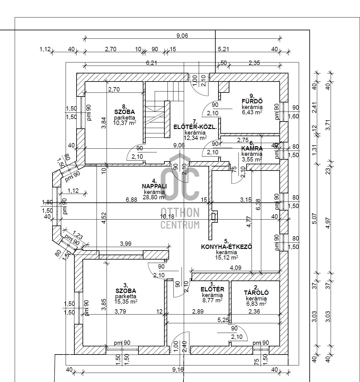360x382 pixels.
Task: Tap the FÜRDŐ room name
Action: tap(252, 101)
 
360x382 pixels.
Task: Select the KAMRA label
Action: tap(252, 149)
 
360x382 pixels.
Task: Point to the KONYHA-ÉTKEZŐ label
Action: tap(226, 247)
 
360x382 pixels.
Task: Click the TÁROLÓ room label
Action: tap(256, 293)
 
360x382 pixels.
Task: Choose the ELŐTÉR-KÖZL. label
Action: tap(195, 127)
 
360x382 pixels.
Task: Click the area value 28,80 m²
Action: tap(154, 197)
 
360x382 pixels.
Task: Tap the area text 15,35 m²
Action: tap(126, 301)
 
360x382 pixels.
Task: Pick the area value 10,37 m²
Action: tap(124, 123)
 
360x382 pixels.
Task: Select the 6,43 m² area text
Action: tap(252, 112)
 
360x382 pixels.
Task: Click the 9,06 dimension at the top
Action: tap(182, 36)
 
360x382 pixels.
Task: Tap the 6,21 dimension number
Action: tap(152, 63)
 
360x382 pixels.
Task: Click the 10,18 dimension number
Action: tap(167, 217)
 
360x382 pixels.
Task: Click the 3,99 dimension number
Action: tap(126, 244)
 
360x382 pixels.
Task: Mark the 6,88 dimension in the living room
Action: tap(131, 200)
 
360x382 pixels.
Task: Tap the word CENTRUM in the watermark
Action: tap(180, 225)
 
